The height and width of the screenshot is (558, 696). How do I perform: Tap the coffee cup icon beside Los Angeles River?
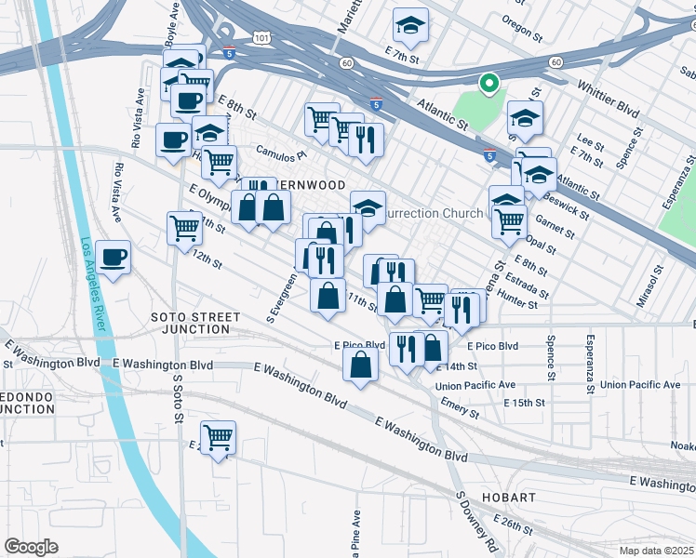114,259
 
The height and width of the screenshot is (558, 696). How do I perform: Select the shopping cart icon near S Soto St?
218,437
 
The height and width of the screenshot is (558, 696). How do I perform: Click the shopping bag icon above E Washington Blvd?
360,365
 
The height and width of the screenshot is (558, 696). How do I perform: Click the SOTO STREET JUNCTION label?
190,323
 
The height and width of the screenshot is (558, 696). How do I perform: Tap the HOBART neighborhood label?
508,498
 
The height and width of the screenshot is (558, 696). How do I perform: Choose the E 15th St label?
524,403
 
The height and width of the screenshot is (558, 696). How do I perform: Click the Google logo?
31,546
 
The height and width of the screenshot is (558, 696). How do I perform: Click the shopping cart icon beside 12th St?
184,227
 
